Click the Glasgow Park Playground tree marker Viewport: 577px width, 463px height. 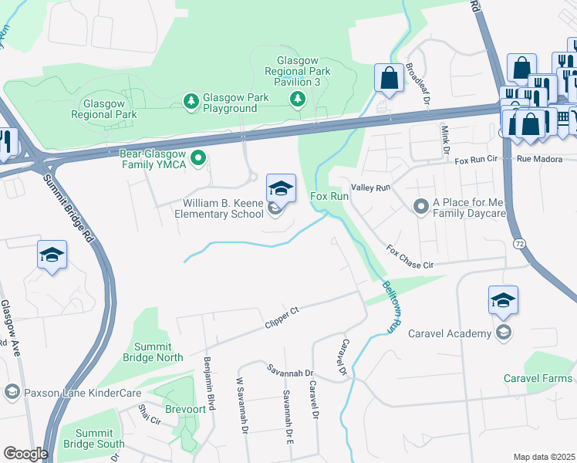pyautogui.click(x=191, y=100)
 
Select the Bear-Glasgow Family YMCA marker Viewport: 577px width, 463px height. pyautogui.click(x=198, y=159)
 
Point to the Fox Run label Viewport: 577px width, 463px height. pyautogui.click(x=329, y=197)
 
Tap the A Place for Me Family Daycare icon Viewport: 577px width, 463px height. pyautogui.click(x=420, y=206)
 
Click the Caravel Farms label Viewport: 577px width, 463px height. pyautogui.click(x=538, y=378)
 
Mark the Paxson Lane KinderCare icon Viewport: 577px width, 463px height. pyautogui.click(x=12, y=392)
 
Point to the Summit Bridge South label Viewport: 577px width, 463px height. pyautogui.click(x=100, y=438)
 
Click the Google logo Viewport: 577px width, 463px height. pyautogui.click(x=25, y=454)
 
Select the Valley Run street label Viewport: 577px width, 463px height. pyautogui.click(x=371, y=188)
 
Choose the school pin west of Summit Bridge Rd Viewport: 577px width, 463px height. pyautogui.click(x=52, y=256)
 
